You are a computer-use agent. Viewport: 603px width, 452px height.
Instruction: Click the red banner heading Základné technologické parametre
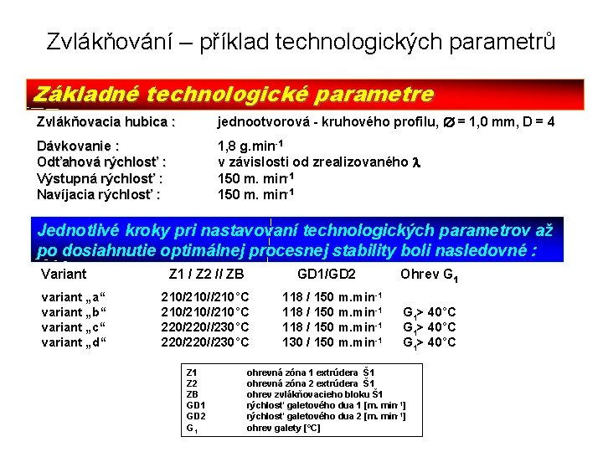tap(231, 94)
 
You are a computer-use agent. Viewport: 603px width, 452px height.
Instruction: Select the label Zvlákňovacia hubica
tap(106, 122)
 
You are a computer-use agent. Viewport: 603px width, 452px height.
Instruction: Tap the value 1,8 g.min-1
tap(250, 146)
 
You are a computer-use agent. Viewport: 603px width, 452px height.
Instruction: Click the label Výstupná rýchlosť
tap(99, 178)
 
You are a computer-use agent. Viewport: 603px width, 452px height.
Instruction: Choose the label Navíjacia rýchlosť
tap(99, 195)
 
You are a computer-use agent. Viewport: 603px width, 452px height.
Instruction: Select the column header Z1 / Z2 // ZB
tap(206, 274)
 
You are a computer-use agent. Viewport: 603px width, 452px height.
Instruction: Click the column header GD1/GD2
tap(327, 274)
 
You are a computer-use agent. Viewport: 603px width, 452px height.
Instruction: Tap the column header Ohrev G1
tap(429, 275)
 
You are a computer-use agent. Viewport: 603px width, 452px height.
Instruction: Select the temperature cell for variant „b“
tap(205, 312)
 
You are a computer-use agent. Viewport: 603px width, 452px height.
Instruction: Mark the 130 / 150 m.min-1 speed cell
tap(332, 342)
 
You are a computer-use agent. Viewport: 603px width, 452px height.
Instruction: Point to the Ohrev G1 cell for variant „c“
tap(430, 327)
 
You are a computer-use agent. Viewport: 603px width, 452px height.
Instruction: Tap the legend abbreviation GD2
tap(195, 416)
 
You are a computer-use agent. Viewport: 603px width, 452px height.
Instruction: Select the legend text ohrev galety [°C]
tap(283, 428)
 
